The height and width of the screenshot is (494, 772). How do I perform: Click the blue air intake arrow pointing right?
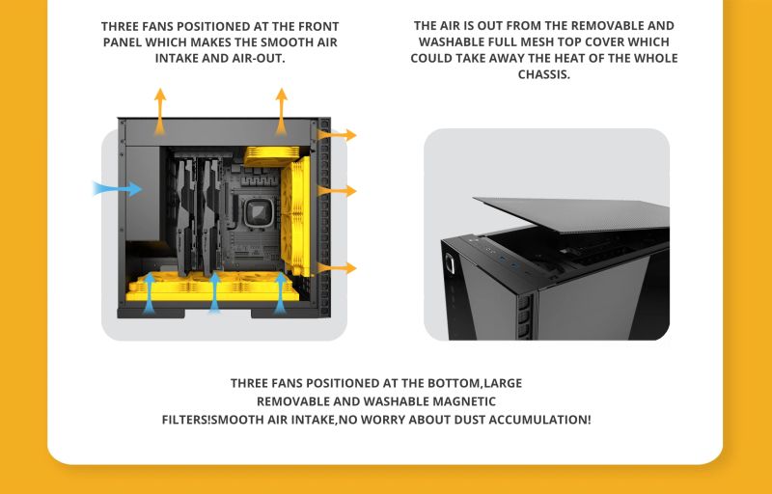click(117, 188)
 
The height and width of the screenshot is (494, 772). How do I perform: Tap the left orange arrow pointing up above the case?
click(159, 112)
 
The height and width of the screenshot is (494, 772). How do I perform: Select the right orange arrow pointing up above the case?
click(281, 112)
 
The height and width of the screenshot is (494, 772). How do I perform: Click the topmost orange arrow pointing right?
click(337, 135)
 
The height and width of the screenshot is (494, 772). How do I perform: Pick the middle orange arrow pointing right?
click(337, 190)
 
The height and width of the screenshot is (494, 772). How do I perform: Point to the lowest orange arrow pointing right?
click(337, 267)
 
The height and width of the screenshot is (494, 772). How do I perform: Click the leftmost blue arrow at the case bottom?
click(150, 293)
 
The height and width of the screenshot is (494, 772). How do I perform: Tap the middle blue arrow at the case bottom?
click(214, 293)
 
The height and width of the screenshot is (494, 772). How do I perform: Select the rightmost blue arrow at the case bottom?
click(280, 293)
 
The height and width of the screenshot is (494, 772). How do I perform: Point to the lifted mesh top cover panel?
click(571, 213)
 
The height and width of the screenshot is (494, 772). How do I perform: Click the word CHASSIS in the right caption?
click(543, 75)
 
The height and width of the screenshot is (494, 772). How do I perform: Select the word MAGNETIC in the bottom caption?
click(464, 401)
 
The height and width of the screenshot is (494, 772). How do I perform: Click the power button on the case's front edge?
click(450, 263)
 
